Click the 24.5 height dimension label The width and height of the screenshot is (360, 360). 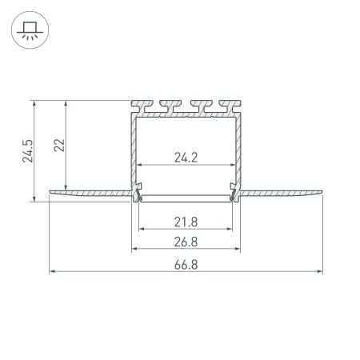pos(26,149)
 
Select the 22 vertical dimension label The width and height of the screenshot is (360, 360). pos(59,145)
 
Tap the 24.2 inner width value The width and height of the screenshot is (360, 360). pos(186,158)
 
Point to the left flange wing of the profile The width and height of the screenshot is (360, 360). pos(88,192)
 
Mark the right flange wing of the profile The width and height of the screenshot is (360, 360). pos(284,192)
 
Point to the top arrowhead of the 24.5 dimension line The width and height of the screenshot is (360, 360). pos(34,103)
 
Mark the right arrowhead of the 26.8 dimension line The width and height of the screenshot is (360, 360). pos(238,248)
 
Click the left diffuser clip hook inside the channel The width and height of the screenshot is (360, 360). pos(138,193)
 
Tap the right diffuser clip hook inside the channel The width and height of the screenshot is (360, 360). pos(234,193)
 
